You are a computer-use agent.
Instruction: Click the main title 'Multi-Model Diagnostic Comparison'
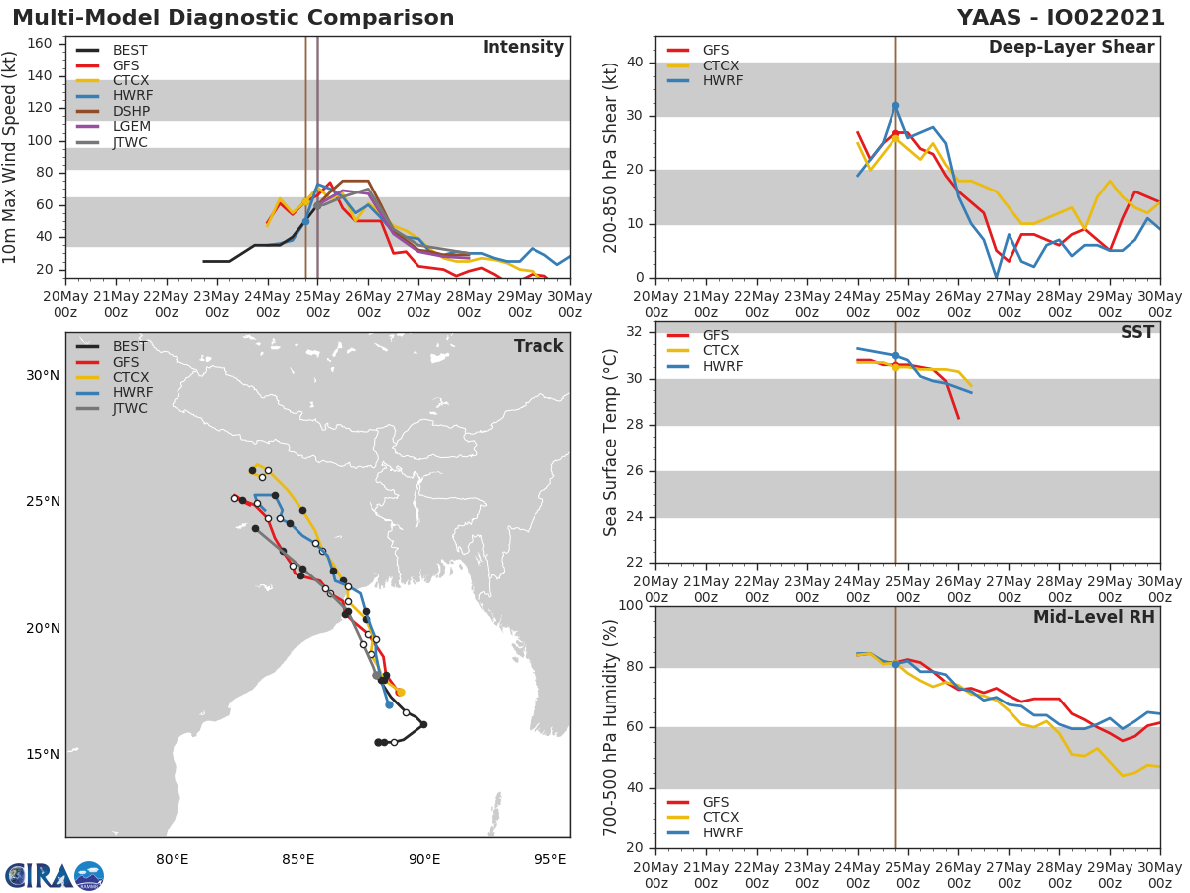[233, 18]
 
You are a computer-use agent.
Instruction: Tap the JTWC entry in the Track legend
[130, 408]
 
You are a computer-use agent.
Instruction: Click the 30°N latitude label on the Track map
[43, 375]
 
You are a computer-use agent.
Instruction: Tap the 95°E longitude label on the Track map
[550, 859]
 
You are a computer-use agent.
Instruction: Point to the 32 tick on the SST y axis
[633, 332]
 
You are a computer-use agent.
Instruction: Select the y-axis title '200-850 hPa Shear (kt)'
[611, 157]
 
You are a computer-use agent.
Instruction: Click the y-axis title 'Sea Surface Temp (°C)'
[611, 443]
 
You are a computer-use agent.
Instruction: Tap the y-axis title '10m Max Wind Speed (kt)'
[11, 157]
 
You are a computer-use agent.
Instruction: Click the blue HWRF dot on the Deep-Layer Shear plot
[895, 105]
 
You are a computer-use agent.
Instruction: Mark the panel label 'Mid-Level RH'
[1094, 617]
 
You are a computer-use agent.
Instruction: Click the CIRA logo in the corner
[55, 875]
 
